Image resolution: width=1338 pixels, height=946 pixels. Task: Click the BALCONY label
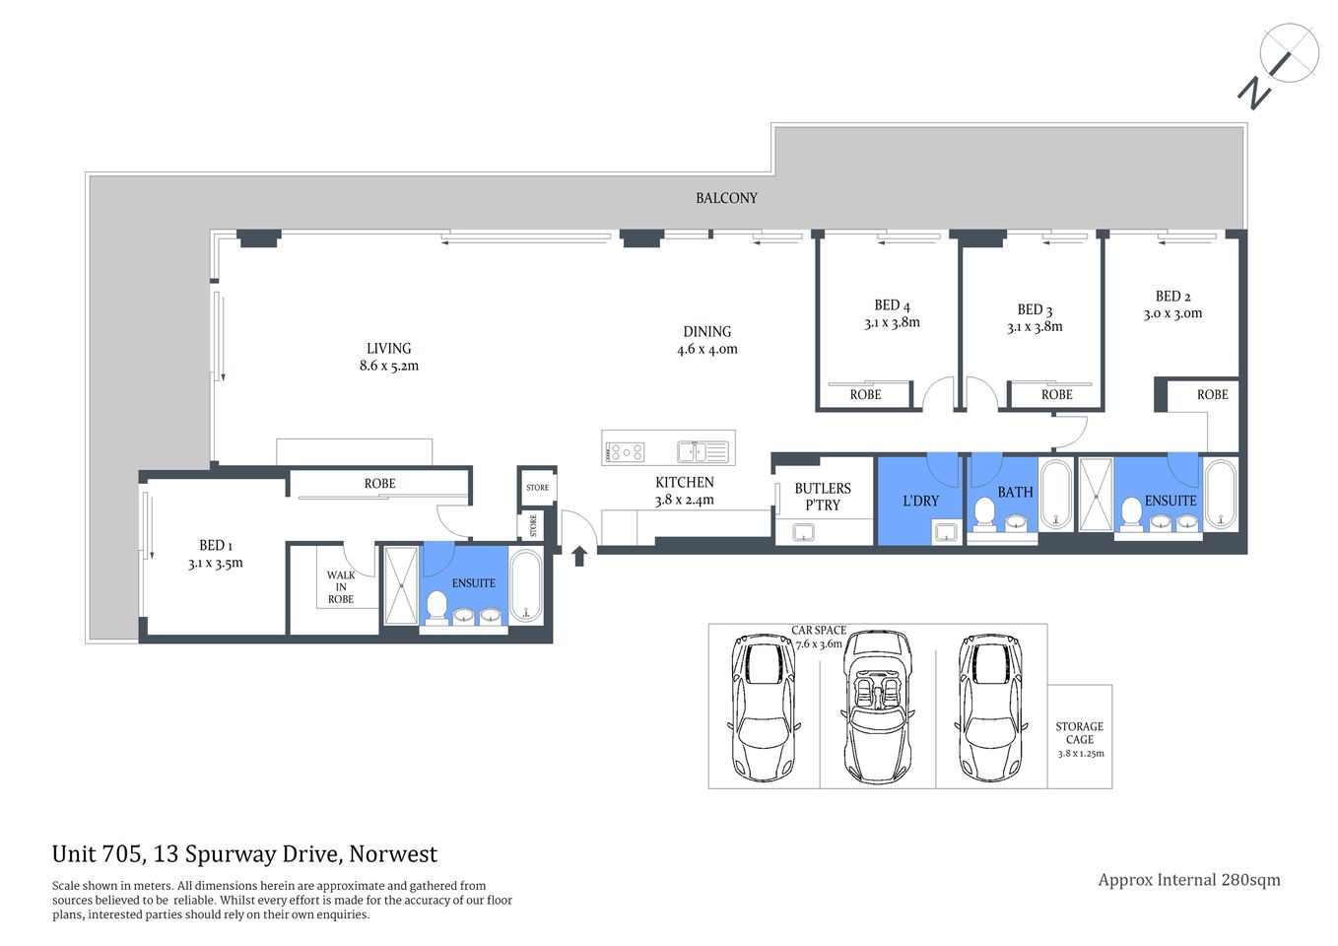[726, 198]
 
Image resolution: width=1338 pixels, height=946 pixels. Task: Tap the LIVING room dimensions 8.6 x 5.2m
[389, 366]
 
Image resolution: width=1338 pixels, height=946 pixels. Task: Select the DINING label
[706, 332]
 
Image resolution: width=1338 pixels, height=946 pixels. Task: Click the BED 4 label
[892, 305]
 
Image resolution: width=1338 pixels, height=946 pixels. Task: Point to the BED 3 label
[1035, 309]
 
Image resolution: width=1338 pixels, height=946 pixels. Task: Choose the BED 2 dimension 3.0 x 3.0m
[1172, 313]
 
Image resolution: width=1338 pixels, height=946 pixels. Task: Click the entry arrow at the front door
[579, 556]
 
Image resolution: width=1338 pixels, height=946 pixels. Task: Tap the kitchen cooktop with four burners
[625, 452]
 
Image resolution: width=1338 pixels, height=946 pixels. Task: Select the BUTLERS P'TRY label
[823, 497]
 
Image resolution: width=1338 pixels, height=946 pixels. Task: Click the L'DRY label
[921, 501]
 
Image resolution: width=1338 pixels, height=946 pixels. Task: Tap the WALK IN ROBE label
[341, 587]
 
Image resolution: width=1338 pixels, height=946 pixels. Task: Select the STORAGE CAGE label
[1080, 733]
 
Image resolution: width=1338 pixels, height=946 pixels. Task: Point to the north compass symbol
[1279, 64]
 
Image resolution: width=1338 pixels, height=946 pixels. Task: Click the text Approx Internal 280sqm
[1189, 880]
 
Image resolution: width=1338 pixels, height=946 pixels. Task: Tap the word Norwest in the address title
[393, 854]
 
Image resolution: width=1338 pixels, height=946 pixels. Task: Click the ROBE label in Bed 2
[1212, 394]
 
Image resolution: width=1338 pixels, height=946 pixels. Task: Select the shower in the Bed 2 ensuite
[1096, 494]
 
